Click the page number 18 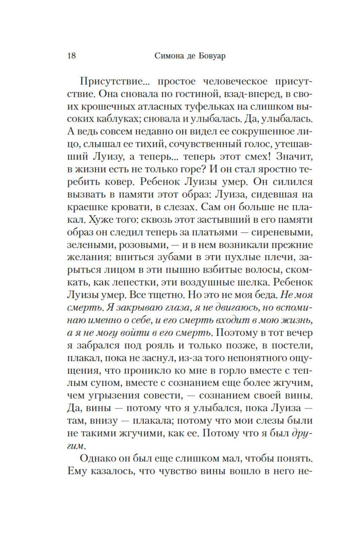pos(71,56)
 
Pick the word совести pos(159,396)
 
